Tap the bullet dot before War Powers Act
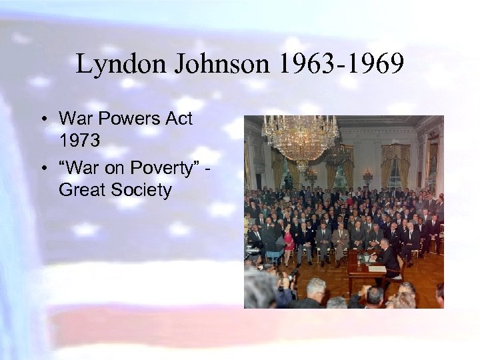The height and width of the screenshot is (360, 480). [x=42, y=120]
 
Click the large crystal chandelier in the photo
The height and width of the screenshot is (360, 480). [x=301, y=137]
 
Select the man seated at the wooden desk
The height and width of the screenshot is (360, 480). [x=390, y=257]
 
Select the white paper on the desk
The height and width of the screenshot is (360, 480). [x=377, y=267]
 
